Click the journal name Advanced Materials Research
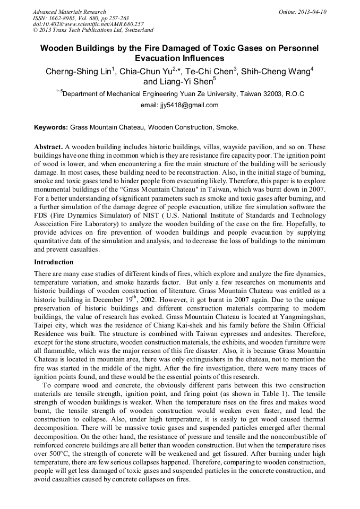pyautogui.click(x=69, y=12)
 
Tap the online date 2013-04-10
pyautogui.click(x=311, y=12)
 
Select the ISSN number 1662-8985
pyautogui.click(x=65, y=18)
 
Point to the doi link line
pyautogui.click(x=88, y=24)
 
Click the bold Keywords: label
pyautogui.click(x=51, y=128)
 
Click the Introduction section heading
pyautogui.click(x=54, y=262)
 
